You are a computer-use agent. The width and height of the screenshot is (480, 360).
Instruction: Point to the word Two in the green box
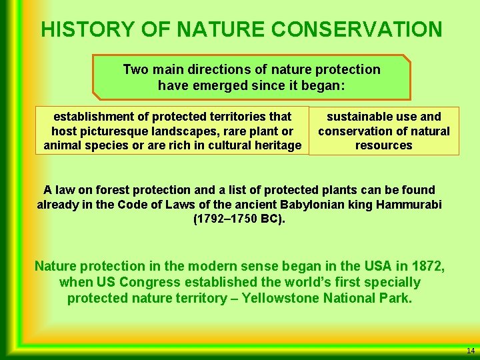point(136,69)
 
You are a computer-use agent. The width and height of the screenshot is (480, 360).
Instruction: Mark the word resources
point(384,145)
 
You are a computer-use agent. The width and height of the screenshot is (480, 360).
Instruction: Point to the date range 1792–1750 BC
point(238,219)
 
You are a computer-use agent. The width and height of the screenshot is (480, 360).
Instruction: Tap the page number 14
point(471,351)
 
